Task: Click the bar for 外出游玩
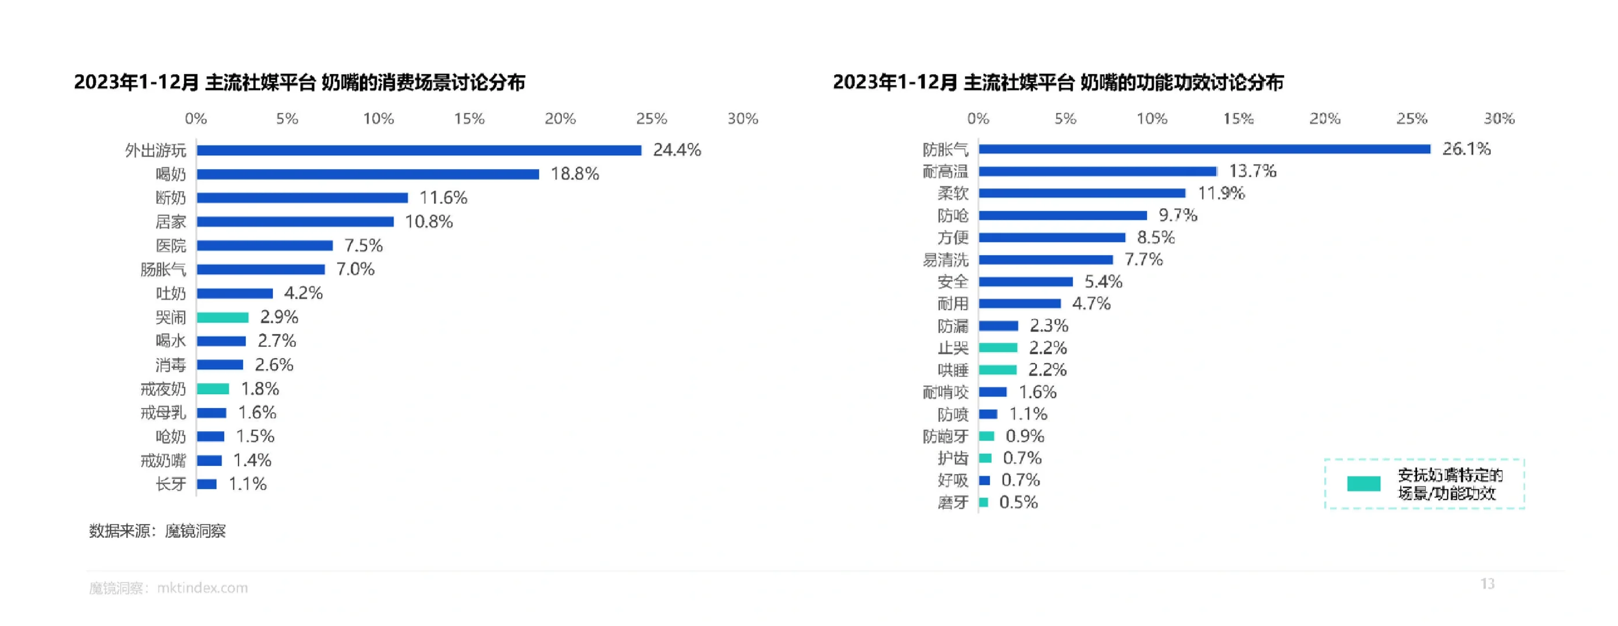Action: tap(419, 150)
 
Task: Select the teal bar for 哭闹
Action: tap(222, 318)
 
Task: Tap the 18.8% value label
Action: tap(575, 174)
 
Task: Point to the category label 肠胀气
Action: tap(163, 270)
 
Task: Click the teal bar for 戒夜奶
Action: tap(213, 389)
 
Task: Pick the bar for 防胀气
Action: tap(1204, 149)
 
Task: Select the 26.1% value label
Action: tap(1466, 149)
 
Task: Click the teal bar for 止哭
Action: tap(998, 348)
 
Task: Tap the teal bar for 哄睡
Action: tap(998, 370)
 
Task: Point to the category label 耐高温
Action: tap(945, 172)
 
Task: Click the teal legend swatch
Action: tap(1364, 483)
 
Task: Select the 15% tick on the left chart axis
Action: tap(469, 119)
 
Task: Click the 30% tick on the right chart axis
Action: tap(1499, 119)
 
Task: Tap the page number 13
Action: tap(1487, 584)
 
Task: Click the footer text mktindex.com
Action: tap(202, 588)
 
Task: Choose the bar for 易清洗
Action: tap(1046, 260)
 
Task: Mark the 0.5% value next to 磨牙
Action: tap(1018, 502)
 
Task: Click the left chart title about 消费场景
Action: tap(300, 82)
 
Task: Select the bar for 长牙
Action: tap(207, 484)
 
